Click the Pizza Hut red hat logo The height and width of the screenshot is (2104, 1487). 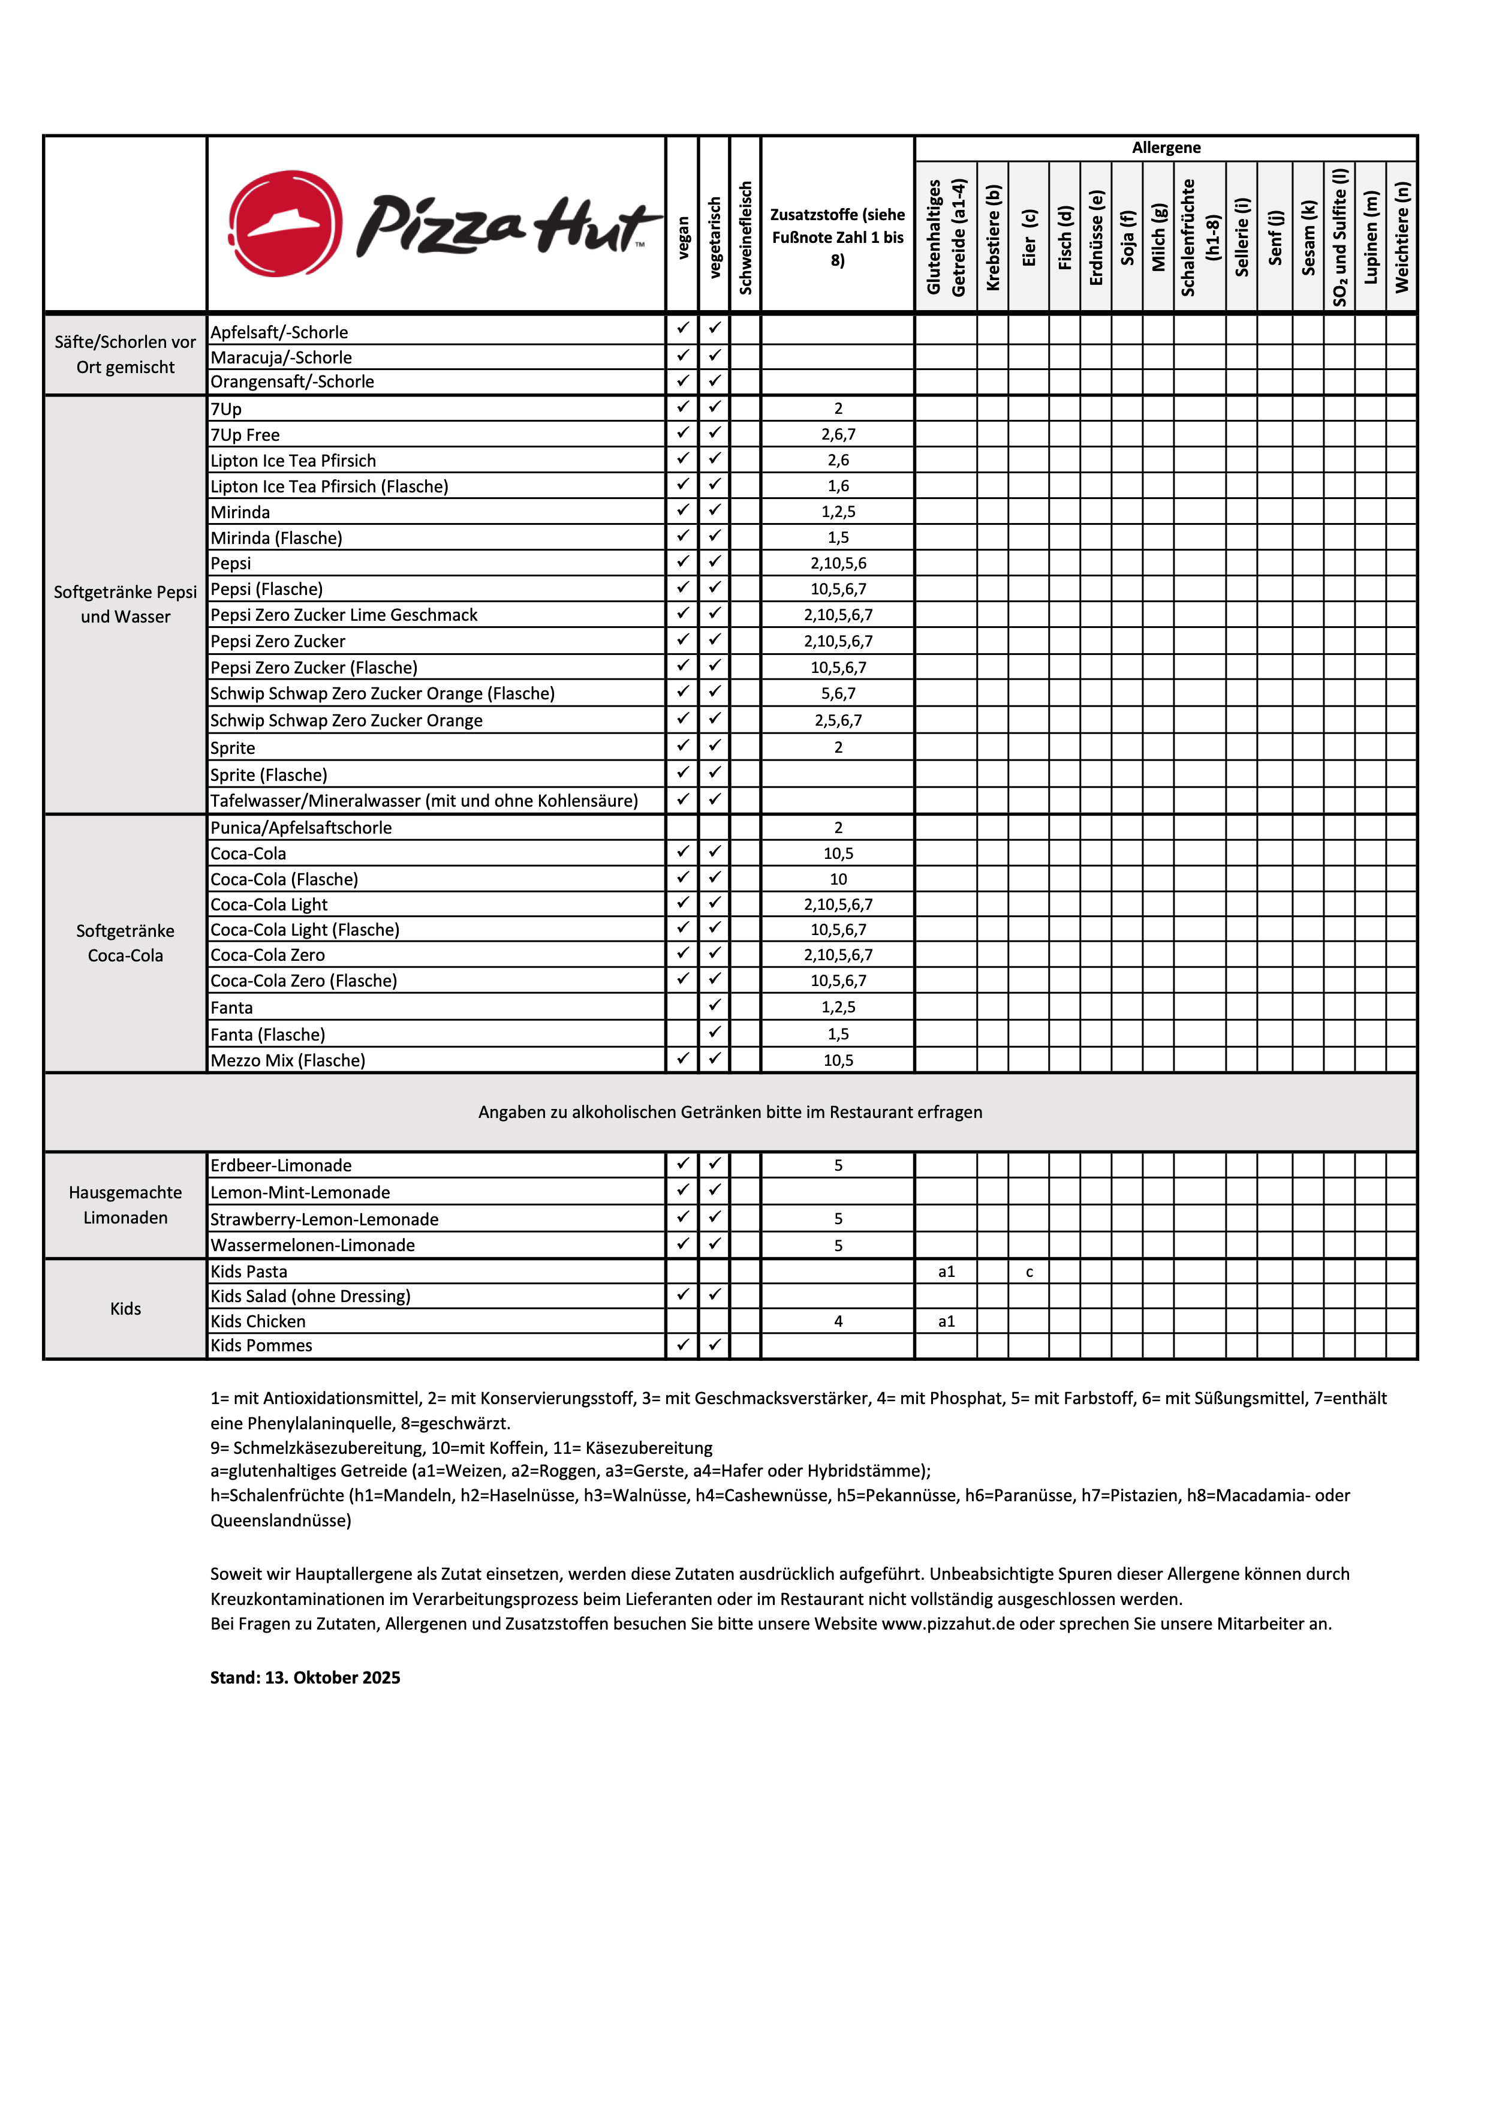pyautogui.click(x=285, y=224)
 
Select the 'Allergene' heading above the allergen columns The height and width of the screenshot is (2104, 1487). pyautogui.click(x=1166, y=148)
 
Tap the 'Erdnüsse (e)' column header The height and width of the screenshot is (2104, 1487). pyautogui.click(x=1096, y=238)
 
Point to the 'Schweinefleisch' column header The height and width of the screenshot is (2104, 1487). pyautogui.click(x=745, y=238)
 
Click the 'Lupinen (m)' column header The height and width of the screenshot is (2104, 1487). pyautogui.click(x=1371, y=238)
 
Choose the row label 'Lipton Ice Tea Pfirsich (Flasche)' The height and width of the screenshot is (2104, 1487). pyautogui.click(x=329, y=486)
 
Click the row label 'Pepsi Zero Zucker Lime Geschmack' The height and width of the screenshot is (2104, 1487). pyautogui.click(x=344, y=615)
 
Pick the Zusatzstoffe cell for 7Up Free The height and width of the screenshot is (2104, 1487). pyautogui.click(x=838, y=434)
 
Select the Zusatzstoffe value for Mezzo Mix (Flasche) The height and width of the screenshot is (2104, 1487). pyautogui.click(x=838, y=1060)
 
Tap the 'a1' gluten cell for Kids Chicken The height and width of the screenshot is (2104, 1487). pyautogui.click(x=946, y=1321)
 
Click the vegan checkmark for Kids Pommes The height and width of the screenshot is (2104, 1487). pyautogui.click(x=682, y=1344)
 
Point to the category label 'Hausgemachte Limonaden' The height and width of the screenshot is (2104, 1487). pyautogui.click(x=125, y=1205)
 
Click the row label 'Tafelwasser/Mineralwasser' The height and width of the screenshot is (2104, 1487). pyautogui.click(x=423, y=801)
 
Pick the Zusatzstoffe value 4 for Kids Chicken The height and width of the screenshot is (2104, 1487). pyautogui.click(x=838, y=1321)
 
